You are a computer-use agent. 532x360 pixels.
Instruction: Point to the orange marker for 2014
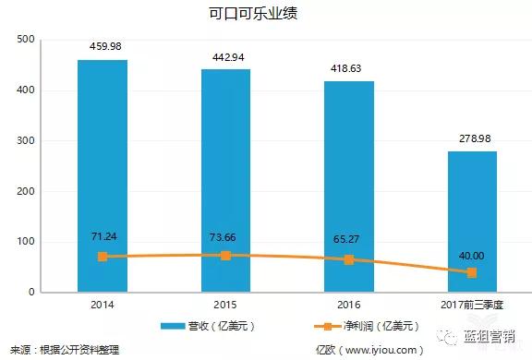tap(103, 257)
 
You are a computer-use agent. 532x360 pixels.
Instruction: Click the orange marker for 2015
tap(225, 255)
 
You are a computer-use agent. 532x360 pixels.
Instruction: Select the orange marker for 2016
tap(348, 259)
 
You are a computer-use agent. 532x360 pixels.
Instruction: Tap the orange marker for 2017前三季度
tap(472, 272)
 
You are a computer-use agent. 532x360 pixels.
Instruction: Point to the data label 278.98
tap(472, 138)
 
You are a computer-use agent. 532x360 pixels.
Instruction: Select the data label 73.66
tap(225, 235)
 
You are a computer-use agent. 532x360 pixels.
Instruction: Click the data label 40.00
tap(472, 255)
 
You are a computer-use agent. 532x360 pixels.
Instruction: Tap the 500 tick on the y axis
tap(25, 40)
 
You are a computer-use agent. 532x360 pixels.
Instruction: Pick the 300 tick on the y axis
tap(25, 141)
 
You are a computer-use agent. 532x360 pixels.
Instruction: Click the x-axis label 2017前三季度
tap(472, 304)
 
